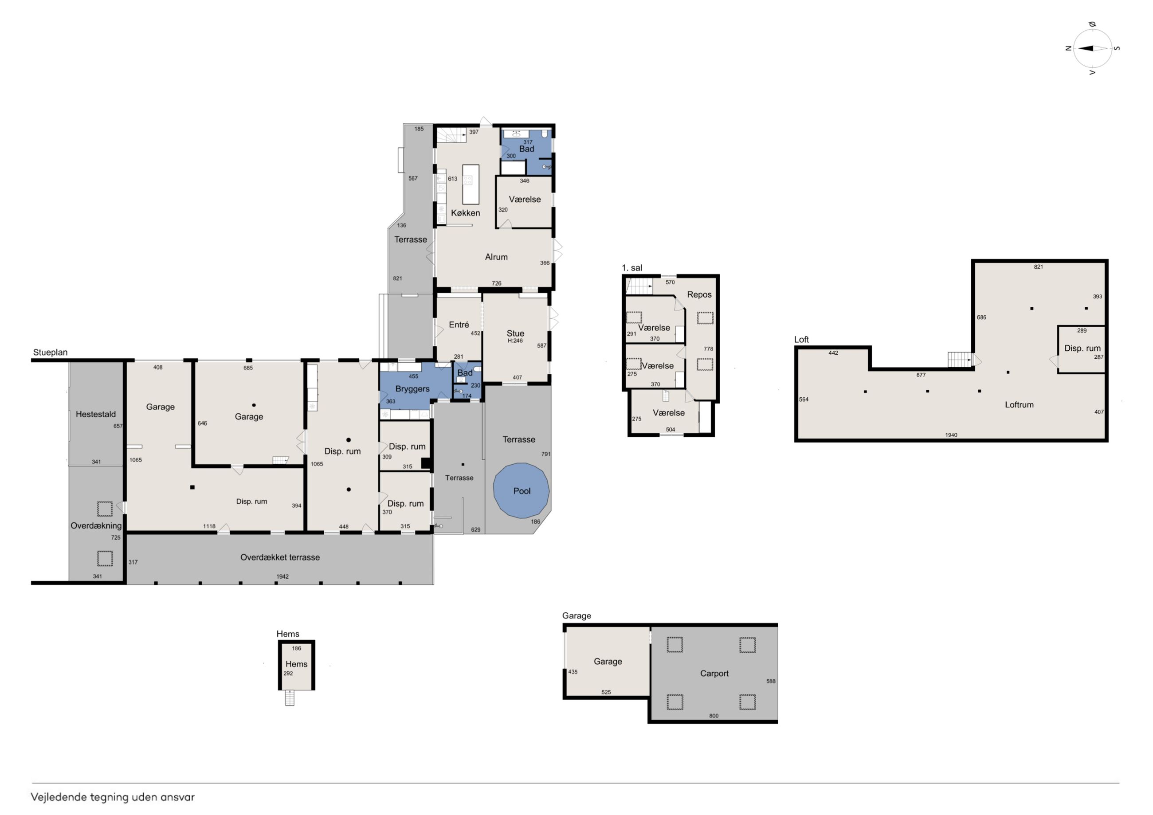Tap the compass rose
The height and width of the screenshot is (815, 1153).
(1092, 49)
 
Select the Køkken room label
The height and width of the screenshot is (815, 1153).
(466, 213)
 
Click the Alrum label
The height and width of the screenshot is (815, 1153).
(496, 257)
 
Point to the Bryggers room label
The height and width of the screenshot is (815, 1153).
(412, 389)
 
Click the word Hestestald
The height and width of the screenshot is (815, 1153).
(96, 414)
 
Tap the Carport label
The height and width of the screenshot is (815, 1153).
(714, 674)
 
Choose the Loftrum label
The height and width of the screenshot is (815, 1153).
(1019, 405)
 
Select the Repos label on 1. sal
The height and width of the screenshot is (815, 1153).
(699, 295)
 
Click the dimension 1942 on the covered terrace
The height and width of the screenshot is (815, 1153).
(282, 576)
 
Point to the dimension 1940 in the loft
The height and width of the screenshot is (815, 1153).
(951, 435)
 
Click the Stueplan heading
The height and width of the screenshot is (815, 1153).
(50, 353)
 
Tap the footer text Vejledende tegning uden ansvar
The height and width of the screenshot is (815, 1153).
(113, 797)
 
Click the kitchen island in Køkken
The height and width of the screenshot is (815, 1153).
(471, 184)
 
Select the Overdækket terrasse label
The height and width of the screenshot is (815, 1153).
(280, 557)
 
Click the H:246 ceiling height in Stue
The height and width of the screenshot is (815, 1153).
(515, 341)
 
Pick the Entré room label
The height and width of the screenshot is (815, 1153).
(459, 325)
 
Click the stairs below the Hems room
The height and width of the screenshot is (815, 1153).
(290, 698)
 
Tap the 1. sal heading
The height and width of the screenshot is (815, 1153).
(632, 268)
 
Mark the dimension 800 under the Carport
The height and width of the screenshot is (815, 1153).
(714, 716)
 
